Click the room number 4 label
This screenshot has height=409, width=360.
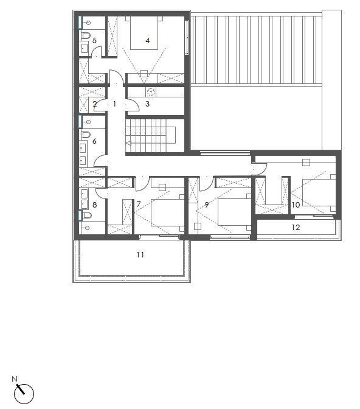(x=148, y=41)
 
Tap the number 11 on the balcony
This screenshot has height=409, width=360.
(x=140, y=254)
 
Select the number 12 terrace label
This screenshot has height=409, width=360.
(x=296, y=228)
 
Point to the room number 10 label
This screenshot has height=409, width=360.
(x=296, y=205)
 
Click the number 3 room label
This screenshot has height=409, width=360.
(x=147, y=104)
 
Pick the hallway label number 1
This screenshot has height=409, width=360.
(x=114, y=104)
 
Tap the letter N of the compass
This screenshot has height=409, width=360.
(x=15, y=379)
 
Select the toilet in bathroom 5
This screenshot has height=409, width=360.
(x=86, y=35)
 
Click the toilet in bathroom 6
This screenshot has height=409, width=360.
(x=86, y=135)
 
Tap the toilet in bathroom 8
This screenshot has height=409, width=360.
(x=87, y=215)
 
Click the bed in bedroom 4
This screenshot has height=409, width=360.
(x=144, y=33)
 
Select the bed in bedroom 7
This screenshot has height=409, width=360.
(x=167, y=213)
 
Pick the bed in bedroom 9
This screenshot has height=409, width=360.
(x=234, y=212)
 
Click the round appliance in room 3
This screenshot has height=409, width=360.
(x=151, y=92)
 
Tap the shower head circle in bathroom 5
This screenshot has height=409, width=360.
(x=88, y=23)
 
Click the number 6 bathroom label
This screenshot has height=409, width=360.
(x=94, y=141)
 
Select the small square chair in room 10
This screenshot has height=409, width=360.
(x=306, y=163)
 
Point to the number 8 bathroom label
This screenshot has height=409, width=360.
(x=94, y=205)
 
